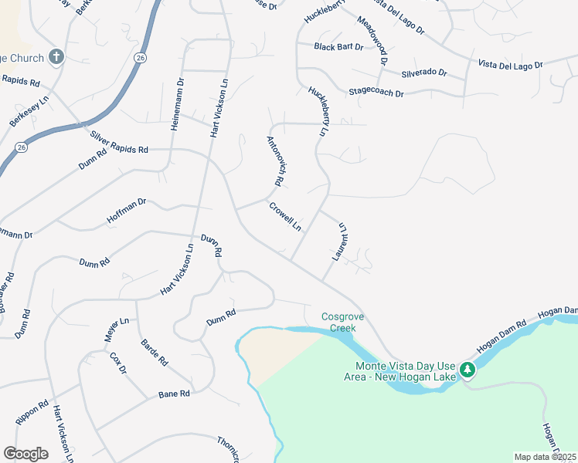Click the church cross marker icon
pos(56,56)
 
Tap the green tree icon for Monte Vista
pos(467,370)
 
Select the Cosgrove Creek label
pos(338,322)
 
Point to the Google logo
pos(25,454)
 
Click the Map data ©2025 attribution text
pos(546,457)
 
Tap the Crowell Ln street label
pos(285,216)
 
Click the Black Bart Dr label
pos(338,47)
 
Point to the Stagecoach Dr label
pos(376,93)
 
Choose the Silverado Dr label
pos(424,73)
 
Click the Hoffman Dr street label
pos(127,213)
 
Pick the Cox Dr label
pos(117,363)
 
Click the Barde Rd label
pos(154,352)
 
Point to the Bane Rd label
pos(174,394)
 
